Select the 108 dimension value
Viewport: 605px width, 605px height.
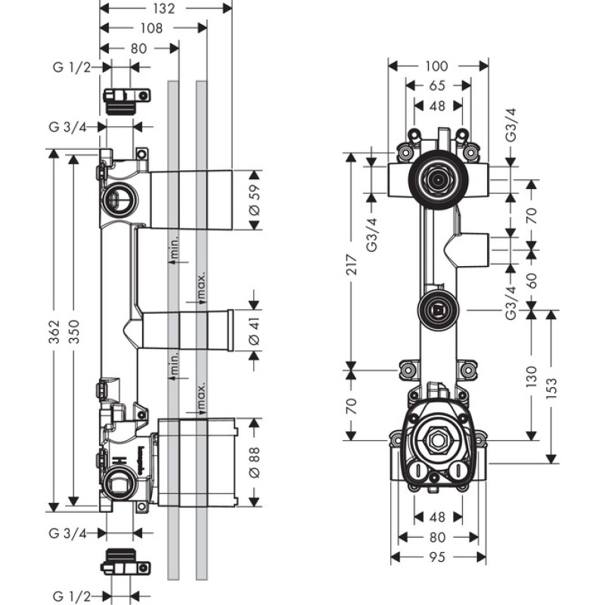point(152,29)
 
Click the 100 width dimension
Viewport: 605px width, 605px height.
point(437,67)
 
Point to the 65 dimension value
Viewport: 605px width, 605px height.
point(437,86)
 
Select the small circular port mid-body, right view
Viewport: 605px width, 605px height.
point(436,309)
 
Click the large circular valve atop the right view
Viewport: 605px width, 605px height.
point(436,179)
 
